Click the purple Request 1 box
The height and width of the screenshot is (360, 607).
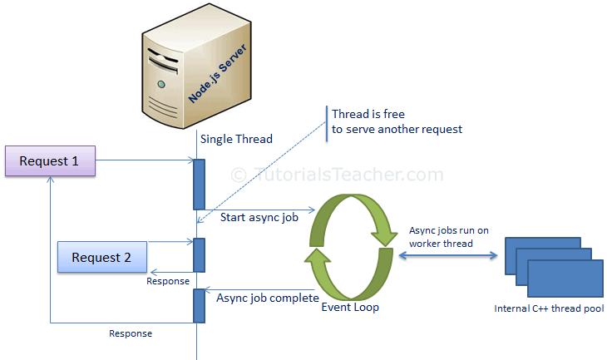(50, 160)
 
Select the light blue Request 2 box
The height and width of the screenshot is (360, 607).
(101, 257)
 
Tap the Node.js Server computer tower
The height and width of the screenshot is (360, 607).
(195, 67)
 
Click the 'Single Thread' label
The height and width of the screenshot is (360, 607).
(236, 139)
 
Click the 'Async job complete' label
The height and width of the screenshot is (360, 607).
(268, 297)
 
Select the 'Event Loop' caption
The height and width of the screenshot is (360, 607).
(350, 308)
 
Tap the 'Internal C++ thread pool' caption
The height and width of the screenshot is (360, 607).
(550, 309)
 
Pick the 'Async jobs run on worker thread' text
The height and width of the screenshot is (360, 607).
(449, 236)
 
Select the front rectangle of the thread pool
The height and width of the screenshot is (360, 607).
(565, 279)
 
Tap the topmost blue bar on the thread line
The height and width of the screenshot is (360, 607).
(199, 184)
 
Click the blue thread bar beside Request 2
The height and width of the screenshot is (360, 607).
(199, 254)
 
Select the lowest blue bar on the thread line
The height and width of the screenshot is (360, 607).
(199, 305)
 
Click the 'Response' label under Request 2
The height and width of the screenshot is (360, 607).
(169, 281)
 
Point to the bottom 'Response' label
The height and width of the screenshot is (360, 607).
(131, 333)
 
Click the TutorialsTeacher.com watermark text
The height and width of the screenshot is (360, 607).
(337, 175)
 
